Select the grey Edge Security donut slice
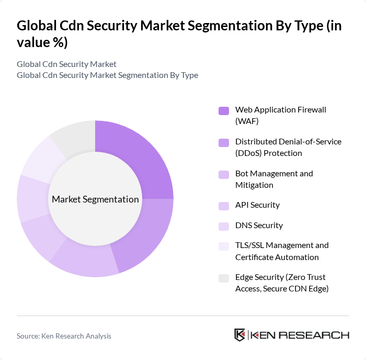(x=73, y=137)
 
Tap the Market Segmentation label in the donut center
(x=95, y=199)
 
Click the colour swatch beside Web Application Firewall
(x=224, y=110)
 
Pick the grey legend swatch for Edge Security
(x=224, y=278)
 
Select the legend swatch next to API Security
(x=224, y=206)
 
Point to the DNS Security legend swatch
(x=224, y=226)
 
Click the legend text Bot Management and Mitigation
(x=274, y=179)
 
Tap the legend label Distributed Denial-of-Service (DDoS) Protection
(x=288, y=147)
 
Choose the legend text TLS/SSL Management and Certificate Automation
(x=282, y=251)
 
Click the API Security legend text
(x=257, y=205)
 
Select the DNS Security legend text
(x=259, y=226)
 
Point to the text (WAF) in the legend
(x=247, y=121)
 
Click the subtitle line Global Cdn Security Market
(x=66, y=64)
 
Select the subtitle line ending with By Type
(x=107, y=75)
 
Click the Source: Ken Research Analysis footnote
(x=64, y=336)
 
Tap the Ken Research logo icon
(x=240, y=335)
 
